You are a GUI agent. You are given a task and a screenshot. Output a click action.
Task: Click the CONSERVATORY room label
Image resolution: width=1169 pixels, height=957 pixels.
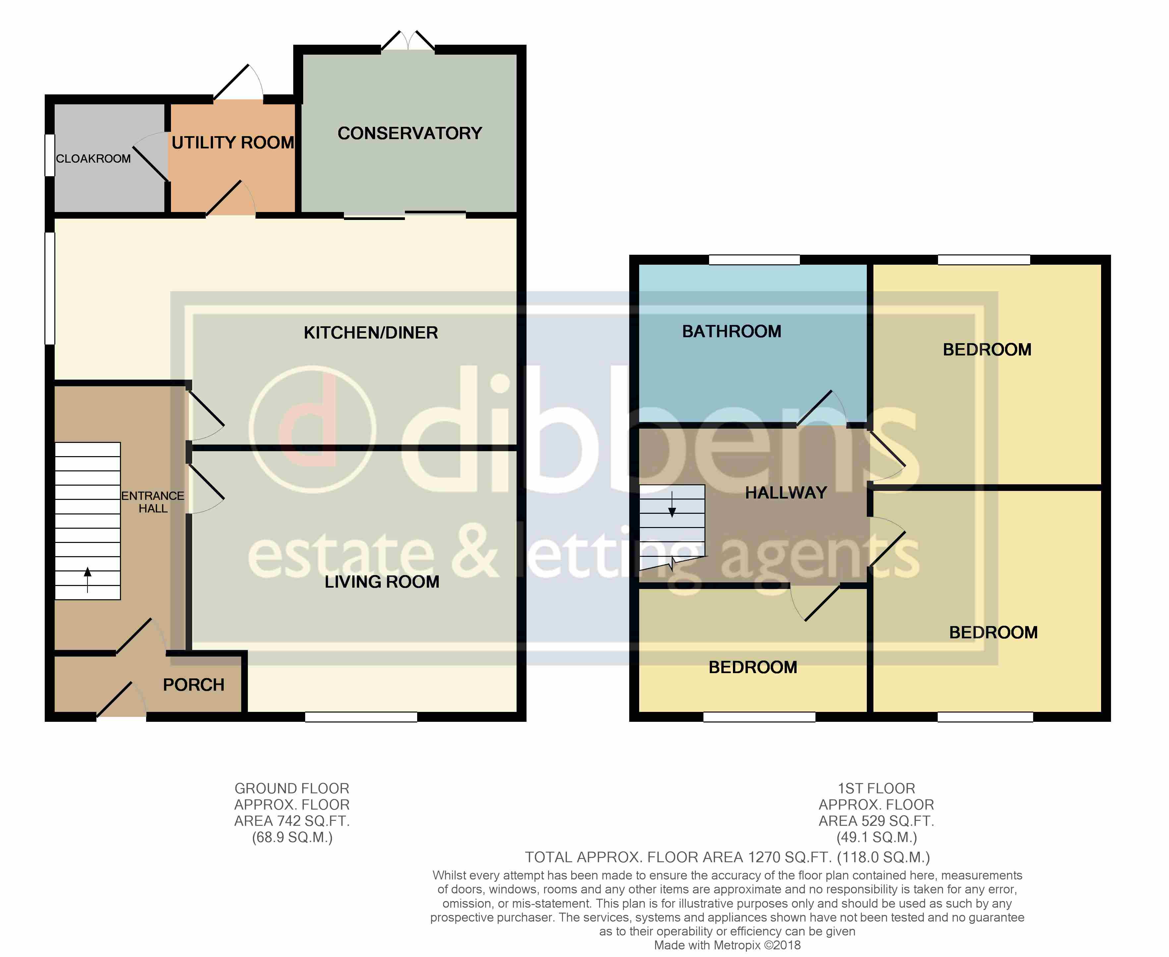click(410, 133)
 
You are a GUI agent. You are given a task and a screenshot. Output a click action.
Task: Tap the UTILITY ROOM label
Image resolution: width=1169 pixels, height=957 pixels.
click(233, 143)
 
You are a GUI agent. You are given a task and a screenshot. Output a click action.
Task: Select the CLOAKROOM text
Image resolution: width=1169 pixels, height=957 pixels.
click(93, 159)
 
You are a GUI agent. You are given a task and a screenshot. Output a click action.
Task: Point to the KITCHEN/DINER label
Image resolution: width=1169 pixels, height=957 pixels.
click(370, 333)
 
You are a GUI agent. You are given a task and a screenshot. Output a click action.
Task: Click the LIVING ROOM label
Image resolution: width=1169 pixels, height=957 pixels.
click(382, 582)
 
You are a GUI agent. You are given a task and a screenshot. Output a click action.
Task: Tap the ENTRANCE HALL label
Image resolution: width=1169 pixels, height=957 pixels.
click(153, 502)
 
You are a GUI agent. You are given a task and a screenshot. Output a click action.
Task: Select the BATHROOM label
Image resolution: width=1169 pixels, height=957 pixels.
click(732, 331)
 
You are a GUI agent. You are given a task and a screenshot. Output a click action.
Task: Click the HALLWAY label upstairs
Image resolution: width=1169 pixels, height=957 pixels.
click(786, 493)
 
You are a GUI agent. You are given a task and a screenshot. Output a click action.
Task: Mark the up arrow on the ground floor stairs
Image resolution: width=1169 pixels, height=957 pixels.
click(87, 580)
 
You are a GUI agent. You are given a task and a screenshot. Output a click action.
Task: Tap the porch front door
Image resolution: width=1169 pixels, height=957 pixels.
click(121, 700)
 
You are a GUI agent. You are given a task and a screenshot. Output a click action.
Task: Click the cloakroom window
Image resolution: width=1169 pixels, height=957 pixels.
click(50, 155)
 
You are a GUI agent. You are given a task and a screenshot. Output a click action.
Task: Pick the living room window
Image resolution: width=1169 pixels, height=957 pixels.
click(361, 717)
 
